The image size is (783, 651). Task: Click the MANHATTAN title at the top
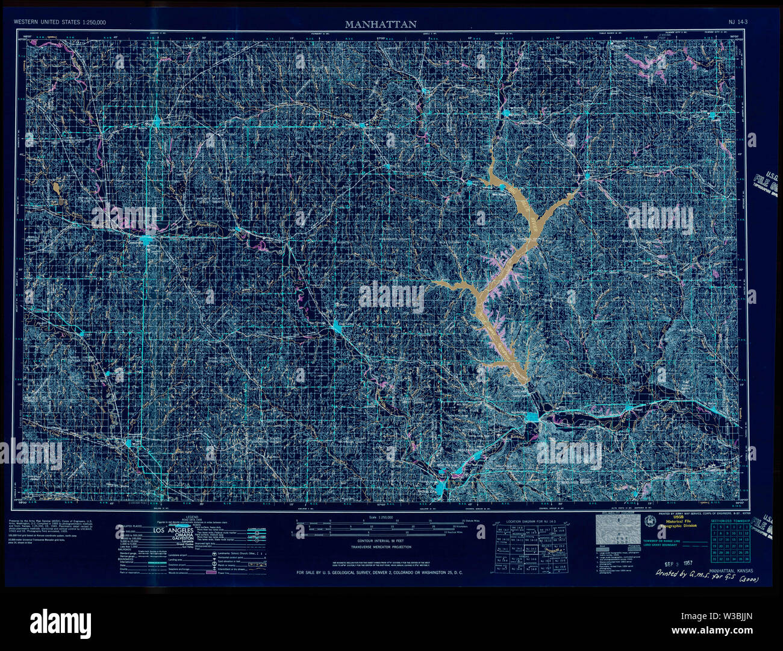pyautogui.click(x=380, y=25)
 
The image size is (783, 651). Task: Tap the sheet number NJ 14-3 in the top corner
pyautogui.click(x=738, y=22)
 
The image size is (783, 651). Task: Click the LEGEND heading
pyautogui.click(x=192, y=517)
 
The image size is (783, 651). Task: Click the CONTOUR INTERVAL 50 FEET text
pyautogui.click(x=380, y=541)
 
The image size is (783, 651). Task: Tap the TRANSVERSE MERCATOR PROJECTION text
pyautogui.click(x=381, y=547)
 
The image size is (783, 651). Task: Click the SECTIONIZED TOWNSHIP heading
pyautogui.click(x=730, y=520)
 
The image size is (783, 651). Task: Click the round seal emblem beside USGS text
pyautogui.click(x=649, y=521)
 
